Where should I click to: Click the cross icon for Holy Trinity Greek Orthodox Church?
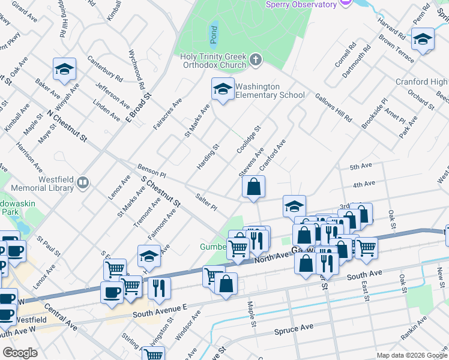click(x=256, y=59)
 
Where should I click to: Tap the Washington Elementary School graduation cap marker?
click(x=223, y=90)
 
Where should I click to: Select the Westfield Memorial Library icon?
click(x=83, y=182)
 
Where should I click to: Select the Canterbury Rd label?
click(x=104, y=69)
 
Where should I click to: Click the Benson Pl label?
click(x=151, y=170)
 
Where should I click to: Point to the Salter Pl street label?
click(x=206, y=202)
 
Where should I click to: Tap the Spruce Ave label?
click(x=294, y=329)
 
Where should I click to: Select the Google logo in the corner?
click(x=20, y=353)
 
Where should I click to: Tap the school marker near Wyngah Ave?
click(x=64, y=70)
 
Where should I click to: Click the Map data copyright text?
click(x=411, y=355)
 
